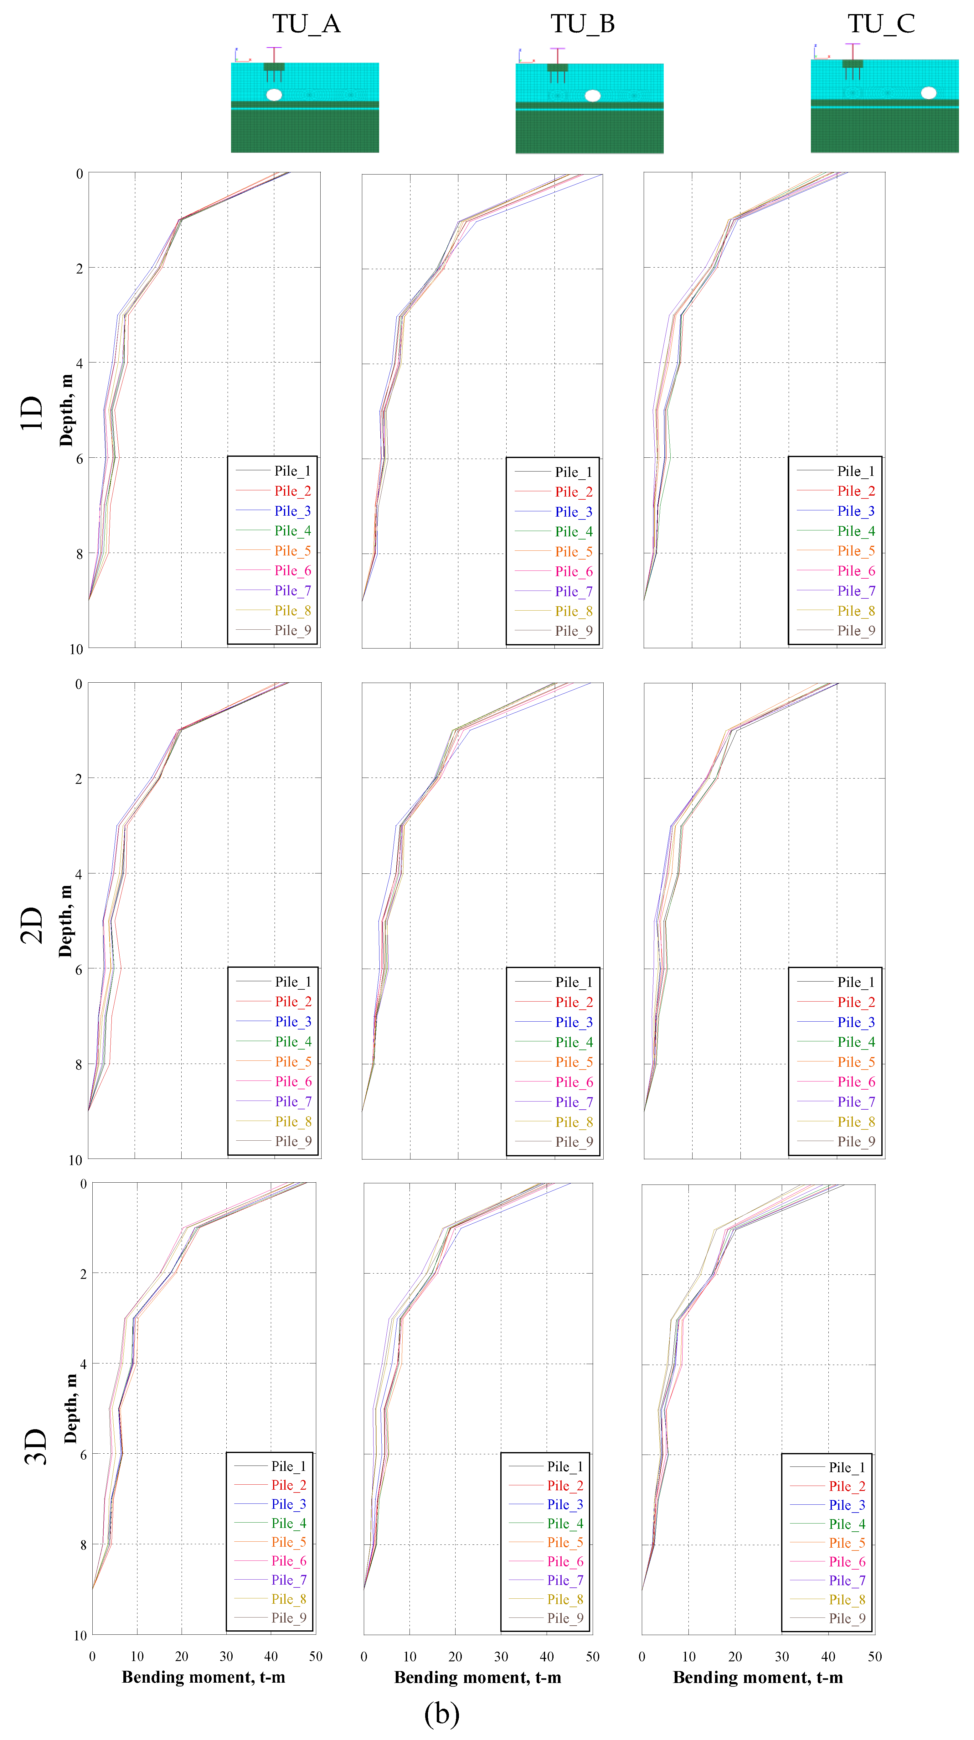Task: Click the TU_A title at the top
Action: (307, 24)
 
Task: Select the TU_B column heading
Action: (583, 24)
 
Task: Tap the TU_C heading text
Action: (881, 24)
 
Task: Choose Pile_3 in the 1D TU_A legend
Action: (292, 511)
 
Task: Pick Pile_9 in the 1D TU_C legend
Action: (856, 630)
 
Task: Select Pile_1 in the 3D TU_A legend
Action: (288, 1466)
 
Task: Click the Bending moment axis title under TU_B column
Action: (477, 1677)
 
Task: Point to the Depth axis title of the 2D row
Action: (65, 921)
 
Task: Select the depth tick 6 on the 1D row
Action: (80, 459)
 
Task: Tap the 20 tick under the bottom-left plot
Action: (182, 1656)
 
